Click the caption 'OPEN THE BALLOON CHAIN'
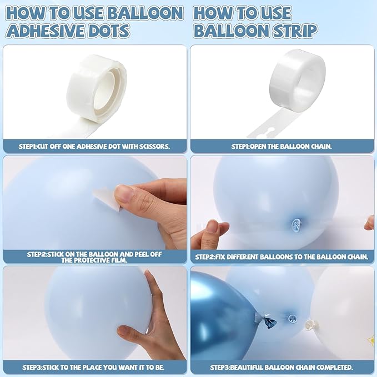[x=291, y=146]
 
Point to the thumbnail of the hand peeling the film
[x=125, y=194]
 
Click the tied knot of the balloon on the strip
[x=296, y=225]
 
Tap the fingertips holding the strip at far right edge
[x=370, y=224]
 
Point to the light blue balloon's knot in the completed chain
[x=292, y=319]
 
